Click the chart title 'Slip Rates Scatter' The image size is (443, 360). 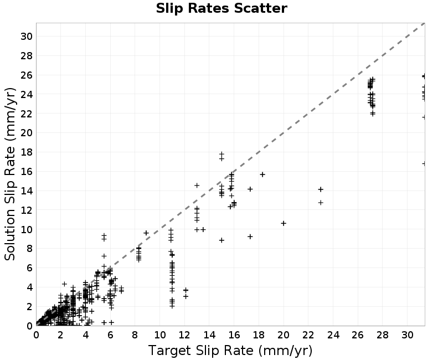point(221,8)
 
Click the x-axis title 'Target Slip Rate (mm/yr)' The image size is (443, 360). point(230,351)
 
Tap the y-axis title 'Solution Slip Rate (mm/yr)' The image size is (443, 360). point(10,174)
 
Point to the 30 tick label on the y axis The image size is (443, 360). point(26,36)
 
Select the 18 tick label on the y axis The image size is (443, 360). point(26,152)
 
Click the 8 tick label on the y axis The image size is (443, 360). point(29,248)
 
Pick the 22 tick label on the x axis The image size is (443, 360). point(308,335)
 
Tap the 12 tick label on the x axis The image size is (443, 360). point(184,335)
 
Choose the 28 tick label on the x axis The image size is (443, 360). point(383,335)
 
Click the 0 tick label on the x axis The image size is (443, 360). point(36,335)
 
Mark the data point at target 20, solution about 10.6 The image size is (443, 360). point(284,223)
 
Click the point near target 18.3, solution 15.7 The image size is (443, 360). point(262,174)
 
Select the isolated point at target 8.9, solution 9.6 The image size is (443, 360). point(146,233)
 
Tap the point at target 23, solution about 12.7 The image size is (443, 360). point(321,203)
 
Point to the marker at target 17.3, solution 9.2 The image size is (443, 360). point(250,236)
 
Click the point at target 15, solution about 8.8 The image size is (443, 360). point(222,240)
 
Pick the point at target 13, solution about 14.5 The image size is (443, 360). point(197,186)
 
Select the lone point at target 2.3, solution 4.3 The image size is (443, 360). point(64,284)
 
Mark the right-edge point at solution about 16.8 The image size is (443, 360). point(424,163)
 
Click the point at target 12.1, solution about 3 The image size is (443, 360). point(186,296)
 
